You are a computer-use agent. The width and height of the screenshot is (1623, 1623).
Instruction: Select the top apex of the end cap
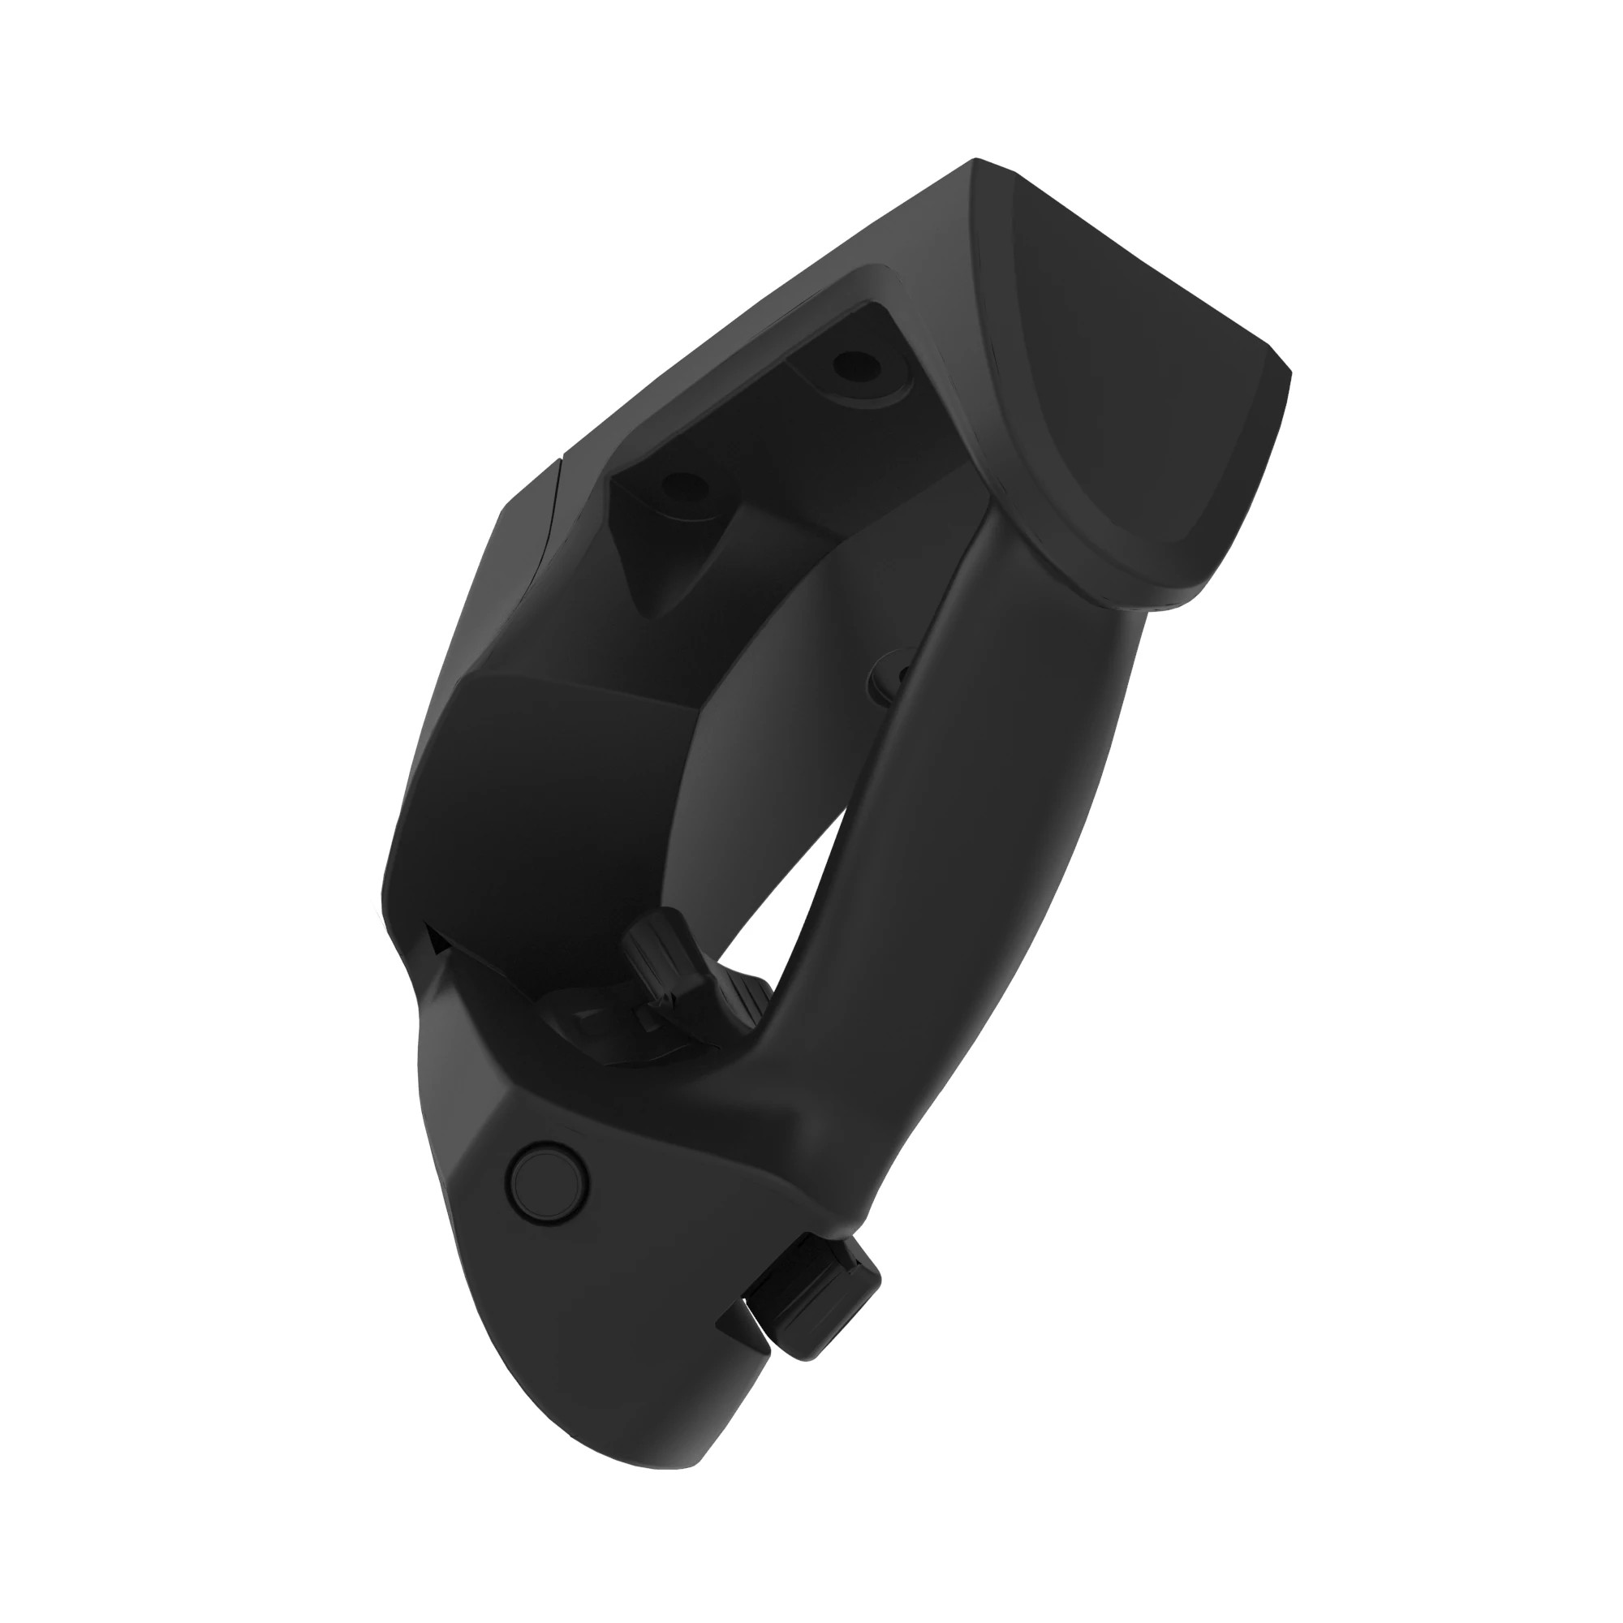tap(976, 160)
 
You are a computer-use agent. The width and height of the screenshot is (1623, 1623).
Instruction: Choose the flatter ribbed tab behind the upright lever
tap(743, 1004)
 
